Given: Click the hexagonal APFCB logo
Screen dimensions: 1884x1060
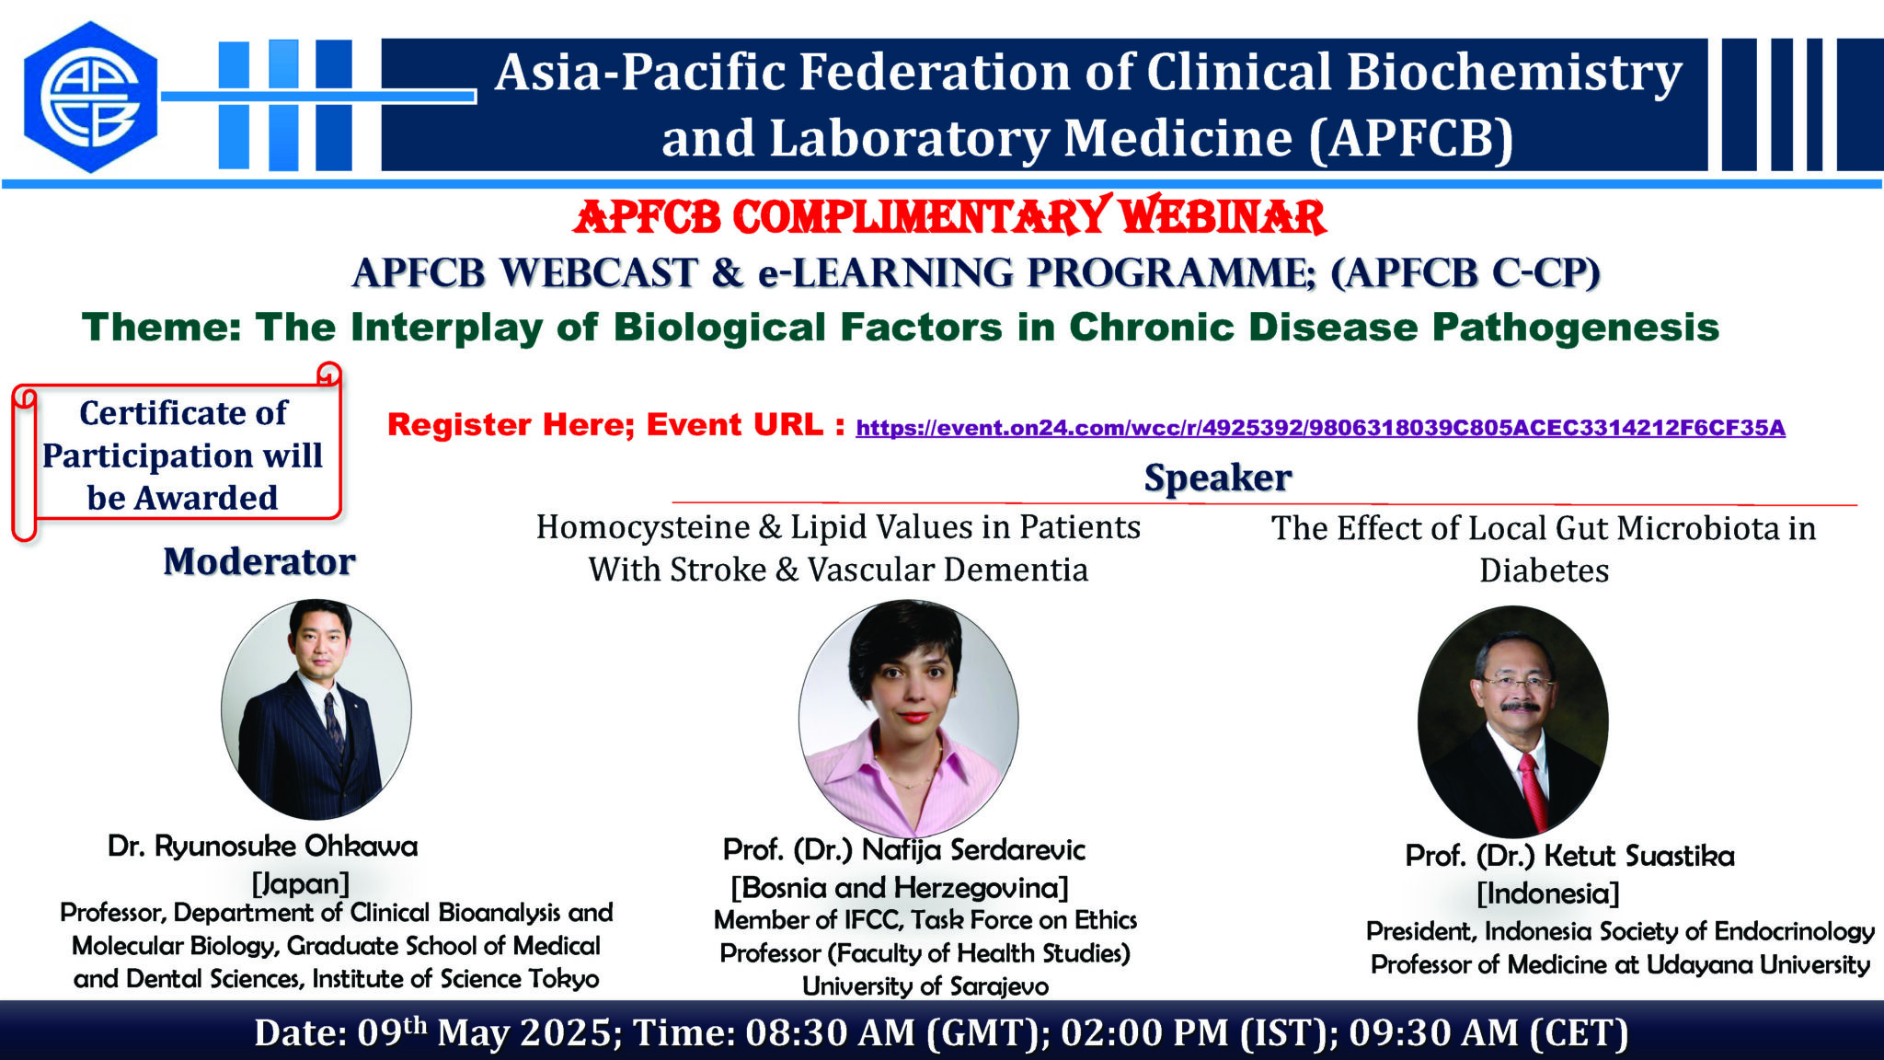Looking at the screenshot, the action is pos(90,97).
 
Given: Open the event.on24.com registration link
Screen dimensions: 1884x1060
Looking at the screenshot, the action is pos(1320,428).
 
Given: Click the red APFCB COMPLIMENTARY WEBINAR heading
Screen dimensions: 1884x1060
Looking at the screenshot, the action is pos(949,217).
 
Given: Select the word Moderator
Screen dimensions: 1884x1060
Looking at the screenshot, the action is pos(259,561).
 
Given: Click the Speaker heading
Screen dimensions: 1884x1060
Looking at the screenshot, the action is pos(1218,478).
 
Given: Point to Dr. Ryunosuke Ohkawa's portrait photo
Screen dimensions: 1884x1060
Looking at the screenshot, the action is pos(316,709).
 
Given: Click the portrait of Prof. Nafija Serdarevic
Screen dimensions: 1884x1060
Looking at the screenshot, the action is pos(909,718).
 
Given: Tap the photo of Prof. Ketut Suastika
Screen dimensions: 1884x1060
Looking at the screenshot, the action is pos(1513,720).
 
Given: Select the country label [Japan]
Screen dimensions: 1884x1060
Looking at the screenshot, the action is pos(301,883).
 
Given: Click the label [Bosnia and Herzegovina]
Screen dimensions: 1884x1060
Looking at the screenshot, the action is pos(900,888).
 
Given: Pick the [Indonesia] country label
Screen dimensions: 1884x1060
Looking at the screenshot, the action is pos(1548,893).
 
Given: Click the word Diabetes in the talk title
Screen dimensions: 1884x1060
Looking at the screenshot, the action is pos(1545,570).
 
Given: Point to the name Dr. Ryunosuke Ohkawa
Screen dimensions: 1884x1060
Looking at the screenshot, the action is pos(262,846).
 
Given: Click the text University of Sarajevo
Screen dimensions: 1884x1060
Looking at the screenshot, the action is pos(925,986).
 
